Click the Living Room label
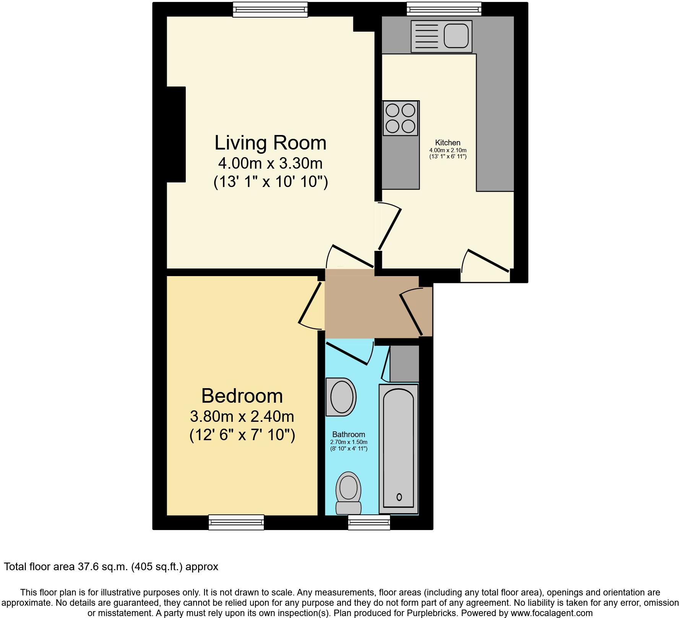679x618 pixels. click(270, 143)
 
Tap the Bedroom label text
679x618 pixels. click(242, 396)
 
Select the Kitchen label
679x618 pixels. click(448, 143)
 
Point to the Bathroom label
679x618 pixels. click(348, 434)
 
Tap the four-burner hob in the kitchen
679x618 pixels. click(400, 118)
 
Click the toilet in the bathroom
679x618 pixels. click(348, 493)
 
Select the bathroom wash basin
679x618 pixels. click(341, 397)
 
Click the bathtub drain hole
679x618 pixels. click(399, 497)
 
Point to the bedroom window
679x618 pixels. click(236, 522)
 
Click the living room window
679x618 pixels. click(270, 10)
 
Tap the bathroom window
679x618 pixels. click(369, 522)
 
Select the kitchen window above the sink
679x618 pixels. click(443, 9)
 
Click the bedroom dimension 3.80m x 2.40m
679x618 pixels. click(242, 416)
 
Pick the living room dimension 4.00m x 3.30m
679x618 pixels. click(270, 164)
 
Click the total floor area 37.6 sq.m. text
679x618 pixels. click(111, 567)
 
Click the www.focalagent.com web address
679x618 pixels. click(548, 613)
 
